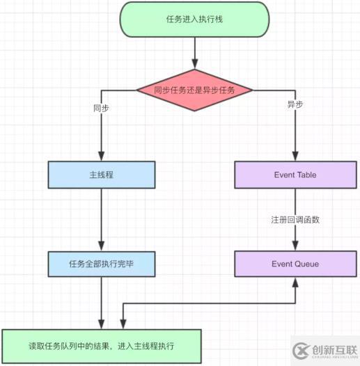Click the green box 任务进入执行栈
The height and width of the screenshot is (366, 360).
point(194,19)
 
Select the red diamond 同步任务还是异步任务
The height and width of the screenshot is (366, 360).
point(194,90)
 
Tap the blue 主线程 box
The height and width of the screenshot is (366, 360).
point(102,175)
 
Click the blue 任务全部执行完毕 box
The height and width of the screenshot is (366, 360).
point(102,264)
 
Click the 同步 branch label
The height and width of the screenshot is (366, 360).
point(101,109)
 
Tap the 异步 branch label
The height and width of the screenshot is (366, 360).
point(295,104)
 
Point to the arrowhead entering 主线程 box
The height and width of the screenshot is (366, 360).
point(102,157)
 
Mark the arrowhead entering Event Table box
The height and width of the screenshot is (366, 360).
point(295,157)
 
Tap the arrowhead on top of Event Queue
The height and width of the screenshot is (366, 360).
point(295,246)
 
